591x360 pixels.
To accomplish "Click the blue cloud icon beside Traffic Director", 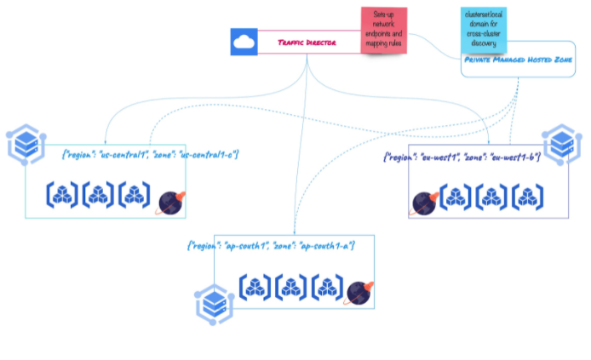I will tap(244, 43).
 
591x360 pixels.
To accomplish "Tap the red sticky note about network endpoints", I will tap(383, 31).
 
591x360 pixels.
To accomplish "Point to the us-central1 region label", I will tap(151, 154).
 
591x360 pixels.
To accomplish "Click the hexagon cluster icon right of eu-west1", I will tap(562, 145).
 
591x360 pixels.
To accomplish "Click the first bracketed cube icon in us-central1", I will tap(62, 196).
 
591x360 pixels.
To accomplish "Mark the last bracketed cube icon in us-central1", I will tap(135, 196).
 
